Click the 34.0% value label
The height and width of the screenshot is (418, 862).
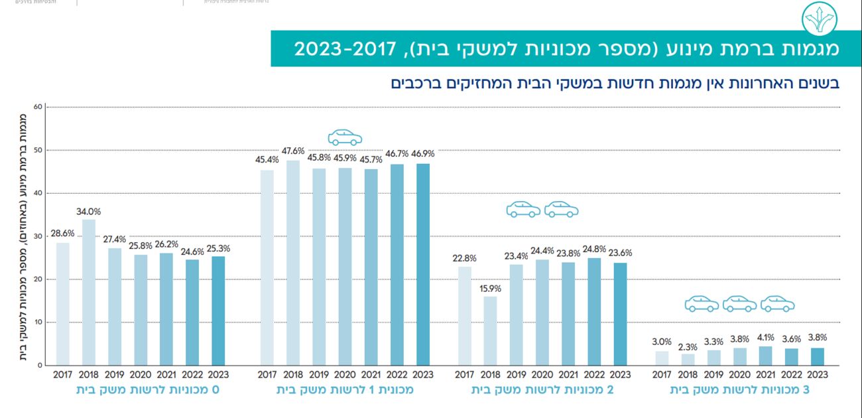coord(88,212)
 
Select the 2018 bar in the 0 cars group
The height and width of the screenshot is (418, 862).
coord(88,292)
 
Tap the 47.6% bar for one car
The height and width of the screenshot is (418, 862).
coord(292,262)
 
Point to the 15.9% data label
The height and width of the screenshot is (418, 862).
coord(490,289)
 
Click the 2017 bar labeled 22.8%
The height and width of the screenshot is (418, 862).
coord(464,316)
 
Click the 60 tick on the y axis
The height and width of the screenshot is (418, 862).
coord(38,107)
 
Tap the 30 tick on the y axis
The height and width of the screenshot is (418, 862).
coord(38,236)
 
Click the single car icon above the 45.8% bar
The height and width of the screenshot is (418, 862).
coord(345,137)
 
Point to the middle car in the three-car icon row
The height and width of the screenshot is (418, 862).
coord(739,304)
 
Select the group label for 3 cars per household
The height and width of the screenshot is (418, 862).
coord(740,390)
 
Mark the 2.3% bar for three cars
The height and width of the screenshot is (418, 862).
coord(688,359)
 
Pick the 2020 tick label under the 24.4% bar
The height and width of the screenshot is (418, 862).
coord(542,375)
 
